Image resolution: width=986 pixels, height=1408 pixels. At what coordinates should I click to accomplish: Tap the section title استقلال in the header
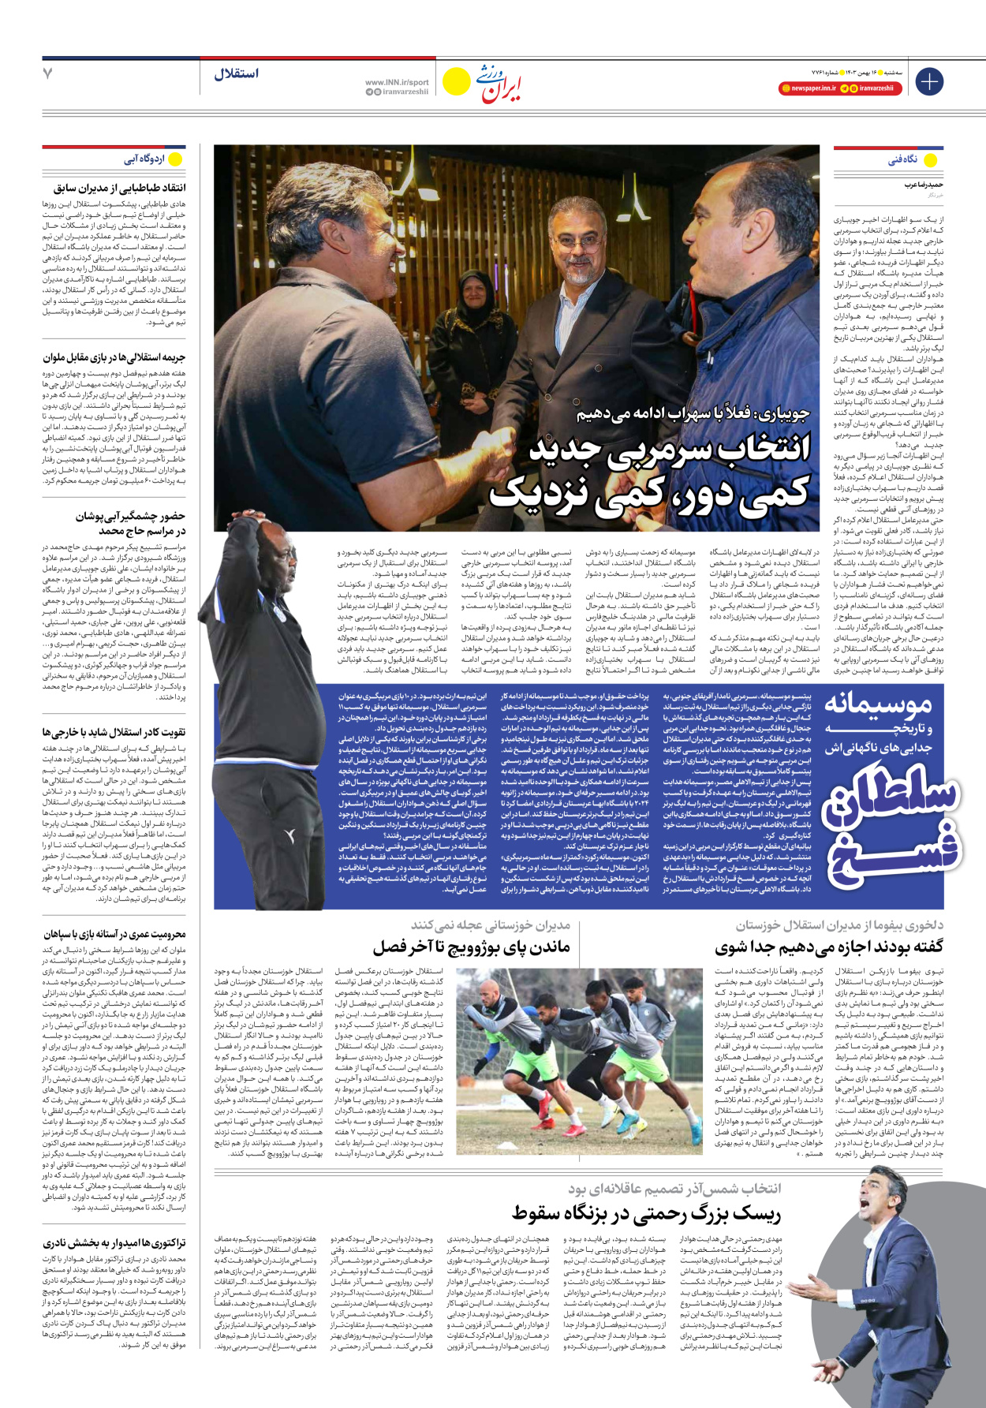pos(236,74)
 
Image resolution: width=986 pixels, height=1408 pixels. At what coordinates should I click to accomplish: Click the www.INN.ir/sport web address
pos(397,82)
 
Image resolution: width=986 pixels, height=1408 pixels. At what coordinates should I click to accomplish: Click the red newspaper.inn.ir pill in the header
pos(808,88)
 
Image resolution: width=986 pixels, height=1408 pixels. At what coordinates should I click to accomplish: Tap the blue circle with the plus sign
pos(929,81)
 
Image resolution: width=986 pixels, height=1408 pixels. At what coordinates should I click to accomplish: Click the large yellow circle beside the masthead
pos(456,81)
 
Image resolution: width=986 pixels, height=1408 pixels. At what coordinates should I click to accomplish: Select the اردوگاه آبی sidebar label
pos(144,159)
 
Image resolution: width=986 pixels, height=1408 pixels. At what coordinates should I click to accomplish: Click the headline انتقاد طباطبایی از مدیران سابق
pos(120,188)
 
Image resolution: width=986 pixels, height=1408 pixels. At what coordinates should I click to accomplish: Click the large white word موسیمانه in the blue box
pos(878,703)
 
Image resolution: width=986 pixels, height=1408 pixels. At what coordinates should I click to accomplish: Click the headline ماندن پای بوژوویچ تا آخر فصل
pos(471,946)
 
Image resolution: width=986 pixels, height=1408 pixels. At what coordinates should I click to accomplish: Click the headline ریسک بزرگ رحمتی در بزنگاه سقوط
pos(646,1212)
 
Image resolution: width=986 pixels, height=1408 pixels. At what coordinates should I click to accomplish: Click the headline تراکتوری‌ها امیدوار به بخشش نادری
pos(114,1243)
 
